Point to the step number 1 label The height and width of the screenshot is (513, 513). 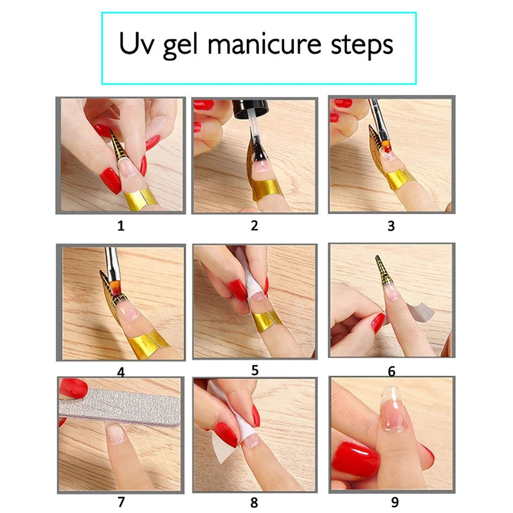121,225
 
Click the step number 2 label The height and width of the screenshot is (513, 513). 255,225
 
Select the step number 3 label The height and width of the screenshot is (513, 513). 391,225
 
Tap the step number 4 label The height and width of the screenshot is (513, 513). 121,371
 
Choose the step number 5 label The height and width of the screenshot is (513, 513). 255,370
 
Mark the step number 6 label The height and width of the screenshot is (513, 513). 391,371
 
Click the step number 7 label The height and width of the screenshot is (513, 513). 121,502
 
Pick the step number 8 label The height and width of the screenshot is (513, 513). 255,503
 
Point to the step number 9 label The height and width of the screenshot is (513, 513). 391,503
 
